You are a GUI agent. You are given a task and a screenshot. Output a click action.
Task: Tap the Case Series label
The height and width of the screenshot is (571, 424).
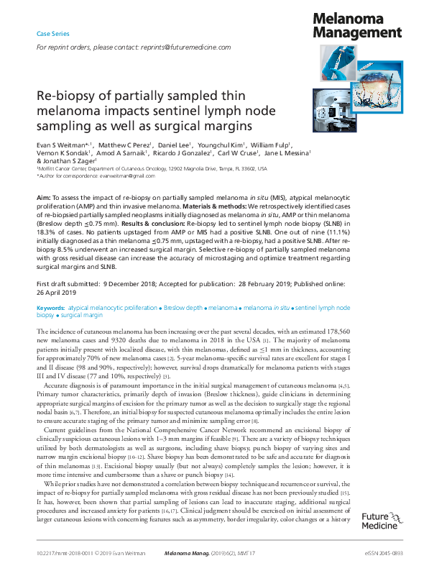coord(53,34)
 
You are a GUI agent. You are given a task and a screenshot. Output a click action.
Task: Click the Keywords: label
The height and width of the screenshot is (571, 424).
coord(50,307)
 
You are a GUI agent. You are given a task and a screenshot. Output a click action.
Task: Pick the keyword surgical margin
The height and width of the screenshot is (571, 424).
coord(81,315)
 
